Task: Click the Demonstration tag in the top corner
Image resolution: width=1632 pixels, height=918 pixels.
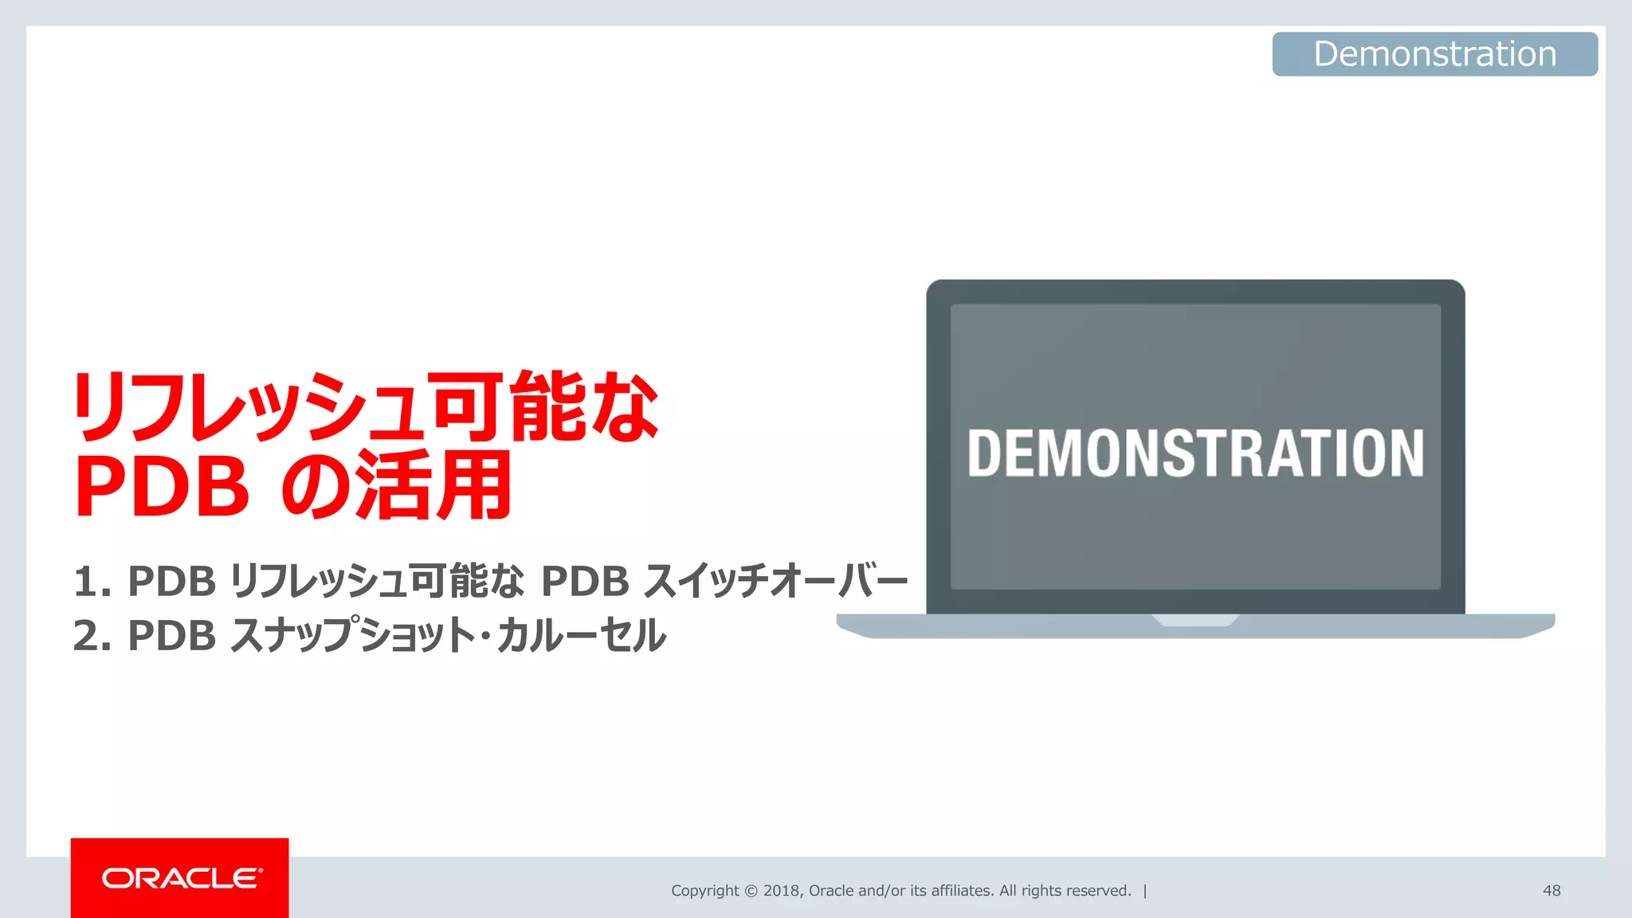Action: point(1434,54)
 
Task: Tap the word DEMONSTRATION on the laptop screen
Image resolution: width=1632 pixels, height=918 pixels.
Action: point(1195,453)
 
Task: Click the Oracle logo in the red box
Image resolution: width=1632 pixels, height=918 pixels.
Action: point(181,878)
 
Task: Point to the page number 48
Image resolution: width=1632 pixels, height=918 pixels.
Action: point(1551,891)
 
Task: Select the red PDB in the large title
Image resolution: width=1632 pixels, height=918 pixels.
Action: point(162,487)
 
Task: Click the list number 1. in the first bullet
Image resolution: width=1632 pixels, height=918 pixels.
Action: point(92,581)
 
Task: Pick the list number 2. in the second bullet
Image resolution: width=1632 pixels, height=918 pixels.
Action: point(92,636)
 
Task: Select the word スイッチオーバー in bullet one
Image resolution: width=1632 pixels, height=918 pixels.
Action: point(775,581)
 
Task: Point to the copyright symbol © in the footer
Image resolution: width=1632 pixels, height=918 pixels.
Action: point(751,891)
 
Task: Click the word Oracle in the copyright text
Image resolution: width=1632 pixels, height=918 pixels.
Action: point(831,891)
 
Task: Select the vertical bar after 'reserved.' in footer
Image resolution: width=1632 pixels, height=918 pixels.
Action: point(1145,891)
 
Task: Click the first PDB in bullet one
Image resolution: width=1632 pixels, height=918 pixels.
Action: point(172,581)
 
